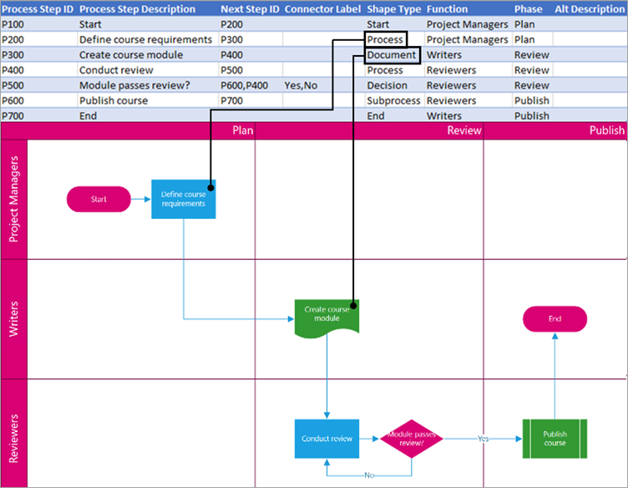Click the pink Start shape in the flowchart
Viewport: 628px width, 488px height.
click(x=99, y=199)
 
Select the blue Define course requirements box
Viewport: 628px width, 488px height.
click(x=183, y=199)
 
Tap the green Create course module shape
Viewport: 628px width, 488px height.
click(x=327, y=315)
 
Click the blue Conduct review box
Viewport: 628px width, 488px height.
click(x=327, y=438)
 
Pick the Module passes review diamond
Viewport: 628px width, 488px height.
click(x=412, y=438)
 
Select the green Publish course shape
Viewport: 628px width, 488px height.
click(x=555, y=438)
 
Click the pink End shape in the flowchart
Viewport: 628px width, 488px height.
click(x=555, y=318)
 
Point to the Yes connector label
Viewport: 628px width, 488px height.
click(x=483, y=438)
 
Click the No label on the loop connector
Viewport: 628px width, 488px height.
click(x=368, y=475)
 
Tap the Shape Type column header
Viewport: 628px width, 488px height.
click(x=393, y=9)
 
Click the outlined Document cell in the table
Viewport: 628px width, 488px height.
click(x=391, y=55)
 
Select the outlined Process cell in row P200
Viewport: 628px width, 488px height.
click(x=386, y=40)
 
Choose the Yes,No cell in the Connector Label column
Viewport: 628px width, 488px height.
click(x=301, y=85)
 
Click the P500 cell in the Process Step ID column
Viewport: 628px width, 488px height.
click(x=13, y=85)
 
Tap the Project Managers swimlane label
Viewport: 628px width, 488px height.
click(x=14, y=199)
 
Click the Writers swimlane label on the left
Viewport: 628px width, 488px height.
click(x=14, y=318)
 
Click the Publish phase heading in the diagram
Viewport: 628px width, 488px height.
click(x=606, y=130)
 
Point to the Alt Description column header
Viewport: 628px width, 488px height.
click(x=584, y=9)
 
